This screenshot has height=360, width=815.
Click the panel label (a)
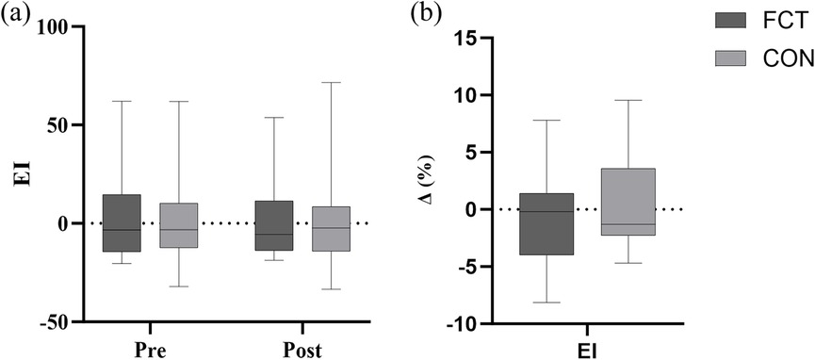[16, 15]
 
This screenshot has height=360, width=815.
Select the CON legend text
[762, 58]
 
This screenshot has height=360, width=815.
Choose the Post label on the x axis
[302, 351]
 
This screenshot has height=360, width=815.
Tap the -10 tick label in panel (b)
[459, 324]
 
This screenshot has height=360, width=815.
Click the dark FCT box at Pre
[122, 222]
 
